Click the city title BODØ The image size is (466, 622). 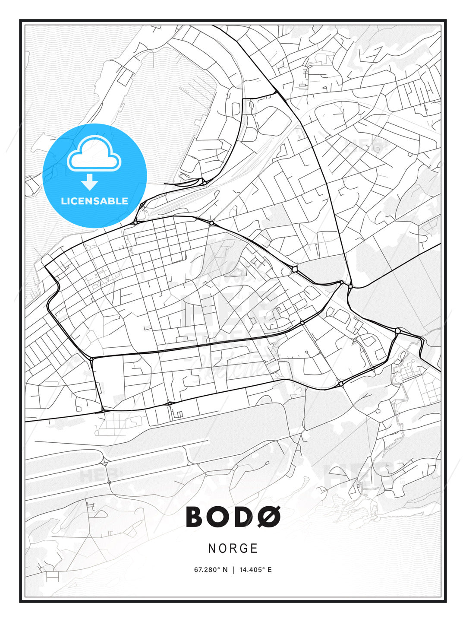[x=233, y=517]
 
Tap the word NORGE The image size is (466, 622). [x=233, y=549]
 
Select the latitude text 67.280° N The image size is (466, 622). [x=211, y=570]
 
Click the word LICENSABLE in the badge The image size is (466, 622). [x=94, y=201]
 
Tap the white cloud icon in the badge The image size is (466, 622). [x=94, y=153]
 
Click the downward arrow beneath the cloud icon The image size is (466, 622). [x=90, y=182]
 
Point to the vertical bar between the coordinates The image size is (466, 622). [x=233, y=570]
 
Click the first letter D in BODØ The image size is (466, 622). [x=244, y=517]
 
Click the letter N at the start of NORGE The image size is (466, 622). [x=211, y=549]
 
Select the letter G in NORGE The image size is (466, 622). [x=244, y=549]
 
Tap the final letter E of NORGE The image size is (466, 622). [x=255, y=549]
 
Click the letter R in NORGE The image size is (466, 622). [x=233, y=549]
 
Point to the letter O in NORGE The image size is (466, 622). [x=222, y=549]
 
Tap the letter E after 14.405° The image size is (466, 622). [x=270, y=570]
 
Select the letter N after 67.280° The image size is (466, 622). [x=225, y=570]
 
